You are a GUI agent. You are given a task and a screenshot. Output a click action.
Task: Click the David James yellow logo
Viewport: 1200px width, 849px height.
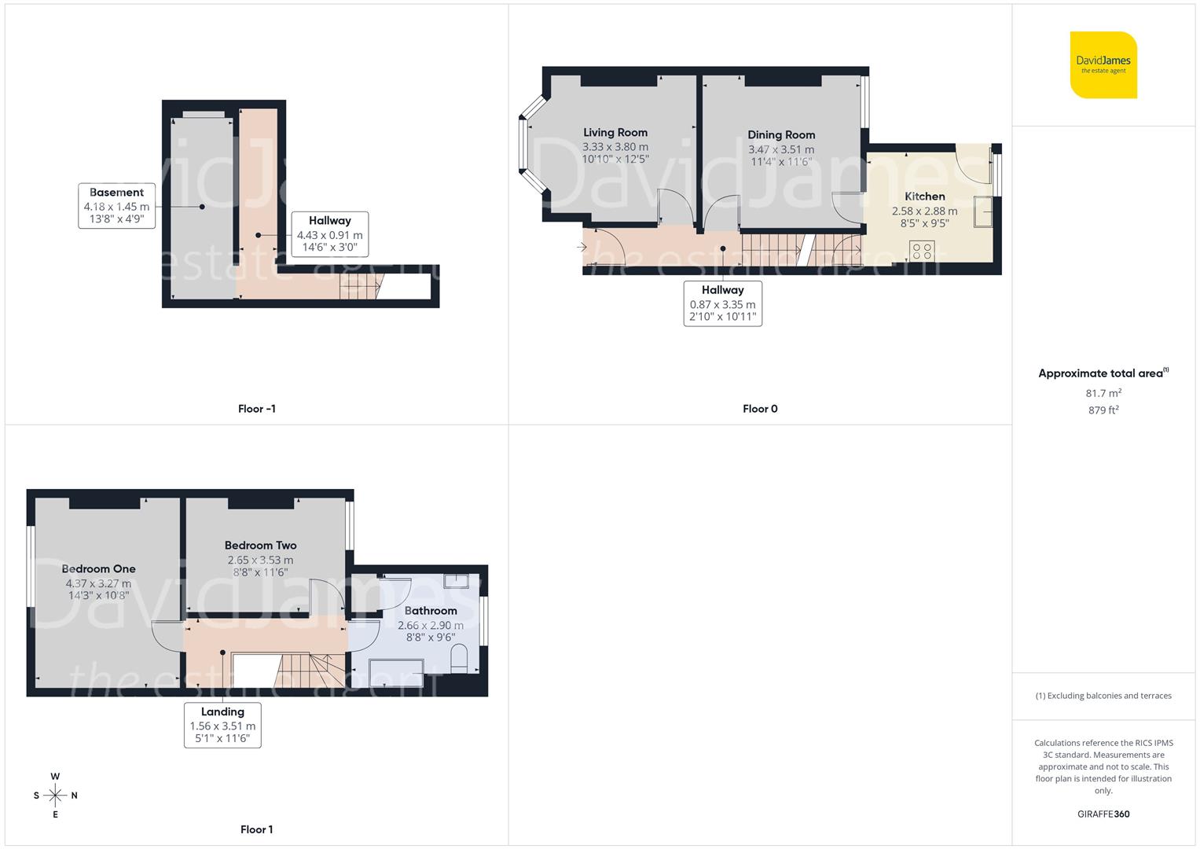[1103, 64]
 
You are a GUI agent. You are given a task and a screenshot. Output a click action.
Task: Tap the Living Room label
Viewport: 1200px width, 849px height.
[615, 133]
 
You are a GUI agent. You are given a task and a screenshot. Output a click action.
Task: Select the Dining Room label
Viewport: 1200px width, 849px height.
[781, 135]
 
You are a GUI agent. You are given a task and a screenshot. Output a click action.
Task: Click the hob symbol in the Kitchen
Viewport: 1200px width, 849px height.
[923, 252]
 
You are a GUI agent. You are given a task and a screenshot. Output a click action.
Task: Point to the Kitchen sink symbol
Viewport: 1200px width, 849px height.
[983, 211]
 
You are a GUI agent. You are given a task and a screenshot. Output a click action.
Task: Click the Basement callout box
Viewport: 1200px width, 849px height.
[116, 206]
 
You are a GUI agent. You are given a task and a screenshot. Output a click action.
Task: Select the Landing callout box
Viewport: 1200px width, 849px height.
[222, 725]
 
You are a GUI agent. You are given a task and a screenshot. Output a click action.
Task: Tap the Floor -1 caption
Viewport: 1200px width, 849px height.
[256, 409]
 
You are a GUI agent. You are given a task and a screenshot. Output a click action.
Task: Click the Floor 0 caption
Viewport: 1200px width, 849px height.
[760, 409]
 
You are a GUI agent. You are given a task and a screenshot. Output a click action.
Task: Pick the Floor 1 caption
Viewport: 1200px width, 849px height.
[256, 829]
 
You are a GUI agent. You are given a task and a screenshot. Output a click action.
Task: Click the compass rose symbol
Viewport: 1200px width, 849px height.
[55, 796]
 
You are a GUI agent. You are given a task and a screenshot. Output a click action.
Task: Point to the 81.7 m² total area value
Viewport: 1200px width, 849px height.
[1103, 393]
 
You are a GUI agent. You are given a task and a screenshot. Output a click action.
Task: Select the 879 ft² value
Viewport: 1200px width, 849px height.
[1103, 410]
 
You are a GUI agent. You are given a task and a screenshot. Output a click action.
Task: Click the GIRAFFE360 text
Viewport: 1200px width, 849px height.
[1103, 814]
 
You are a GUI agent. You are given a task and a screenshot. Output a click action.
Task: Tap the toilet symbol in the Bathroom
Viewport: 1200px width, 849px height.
[460, 659]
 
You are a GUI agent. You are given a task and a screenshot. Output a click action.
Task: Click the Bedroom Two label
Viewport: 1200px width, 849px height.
[260, 546]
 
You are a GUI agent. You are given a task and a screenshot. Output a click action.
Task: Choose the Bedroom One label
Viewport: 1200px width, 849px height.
[98, 569]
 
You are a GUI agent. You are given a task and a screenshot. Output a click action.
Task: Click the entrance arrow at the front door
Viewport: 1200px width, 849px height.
[582, 247]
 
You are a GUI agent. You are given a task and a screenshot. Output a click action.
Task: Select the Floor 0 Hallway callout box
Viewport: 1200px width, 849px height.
[722, 303]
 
